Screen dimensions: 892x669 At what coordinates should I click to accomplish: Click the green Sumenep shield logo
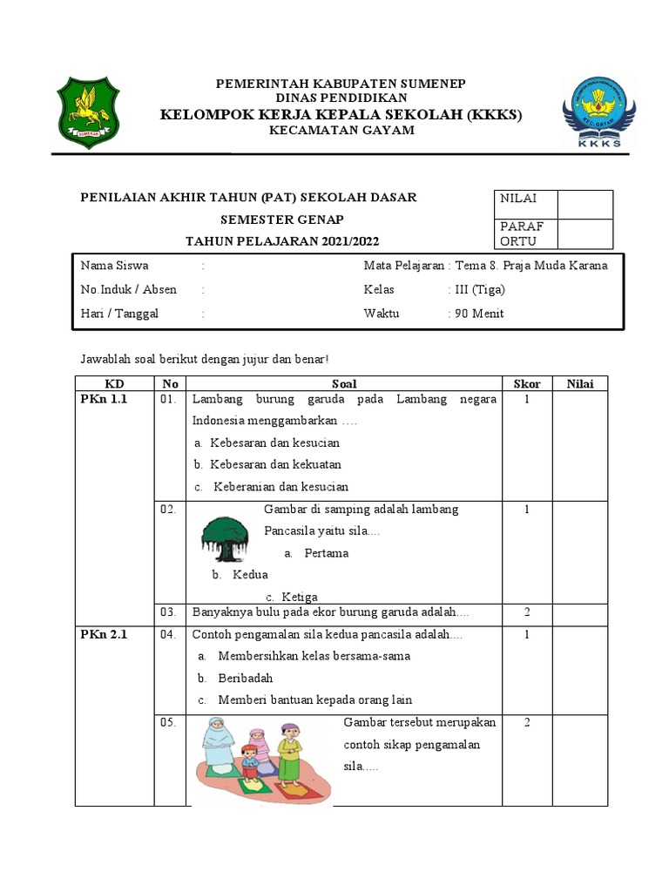[x=85, y=112]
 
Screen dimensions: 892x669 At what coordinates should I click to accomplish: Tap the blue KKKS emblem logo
[x=598, y=112]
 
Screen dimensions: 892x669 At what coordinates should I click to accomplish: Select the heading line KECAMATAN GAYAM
[x=341, y=131]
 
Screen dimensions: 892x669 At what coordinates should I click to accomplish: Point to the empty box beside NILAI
[x=585, y=205]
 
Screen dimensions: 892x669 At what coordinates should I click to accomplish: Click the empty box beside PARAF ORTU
[x=585, y=233]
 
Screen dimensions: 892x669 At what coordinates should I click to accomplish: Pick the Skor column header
[x=527, y=383]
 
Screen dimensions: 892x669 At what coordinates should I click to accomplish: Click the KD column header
[x=115, y=383]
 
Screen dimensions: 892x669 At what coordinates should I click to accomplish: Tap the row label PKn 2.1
[x=104, y=634]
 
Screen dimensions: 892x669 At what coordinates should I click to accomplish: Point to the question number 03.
[x=168, y=612]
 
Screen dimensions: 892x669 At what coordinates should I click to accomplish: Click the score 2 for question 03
[x=527, y=612]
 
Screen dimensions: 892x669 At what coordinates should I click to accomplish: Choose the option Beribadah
[x=246, y=678]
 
